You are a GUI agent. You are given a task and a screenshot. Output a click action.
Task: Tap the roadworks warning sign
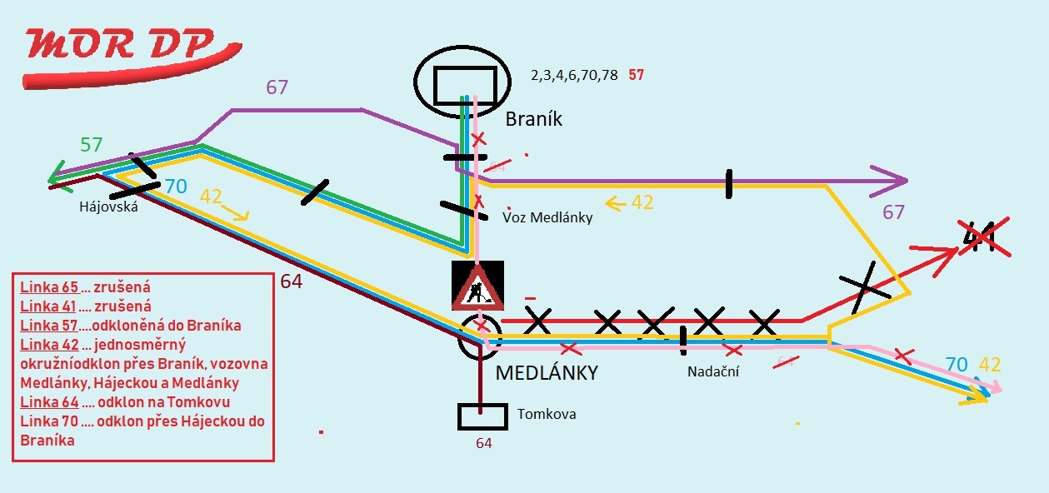[x=477, y=286]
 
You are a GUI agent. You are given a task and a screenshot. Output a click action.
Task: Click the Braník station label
[x=534, y=120]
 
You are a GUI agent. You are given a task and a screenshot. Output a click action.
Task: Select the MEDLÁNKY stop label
[x=547, y=373]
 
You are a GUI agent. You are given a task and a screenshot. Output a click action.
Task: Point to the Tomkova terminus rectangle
[x=482, y=416]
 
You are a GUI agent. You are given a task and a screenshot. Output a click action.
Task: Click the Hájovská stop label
[x=108, y=207]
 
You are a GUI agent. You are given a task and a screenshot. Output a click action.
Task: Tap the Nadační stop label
[x=712, y=371]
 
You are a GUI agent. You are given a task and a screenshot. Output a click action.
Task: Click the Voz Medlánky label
[x=547, y=218]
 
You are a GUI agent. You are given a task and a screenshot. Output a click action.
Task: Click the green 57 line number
[x=91, y=145]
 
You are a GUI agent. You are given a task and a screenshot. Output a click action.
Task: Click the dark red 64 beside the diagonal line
[x=291, y=281]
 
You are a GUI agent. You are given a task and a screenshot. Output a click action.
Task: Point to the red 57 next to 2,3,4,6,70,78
[x=636, y=75]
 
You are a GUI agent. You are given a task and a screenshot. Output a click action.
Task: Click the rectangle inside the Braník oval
[x=462, y=83]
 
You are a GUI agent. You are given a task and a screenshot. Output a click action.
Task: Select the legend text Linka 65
[x=48, y=287]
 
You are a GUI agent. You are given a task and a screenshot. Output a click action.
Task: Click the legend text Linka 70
[x=48, y=421]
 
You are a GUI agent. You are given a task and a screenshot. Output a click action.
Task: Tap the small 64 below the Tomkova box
[x=484, y=443]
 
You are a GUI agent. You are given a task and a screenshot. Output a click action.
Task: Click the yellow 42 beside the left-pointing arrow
[x=642, y=202]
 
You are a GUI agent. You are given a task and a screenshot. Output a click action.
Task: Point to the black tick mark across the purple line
[x=728, y=184]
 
